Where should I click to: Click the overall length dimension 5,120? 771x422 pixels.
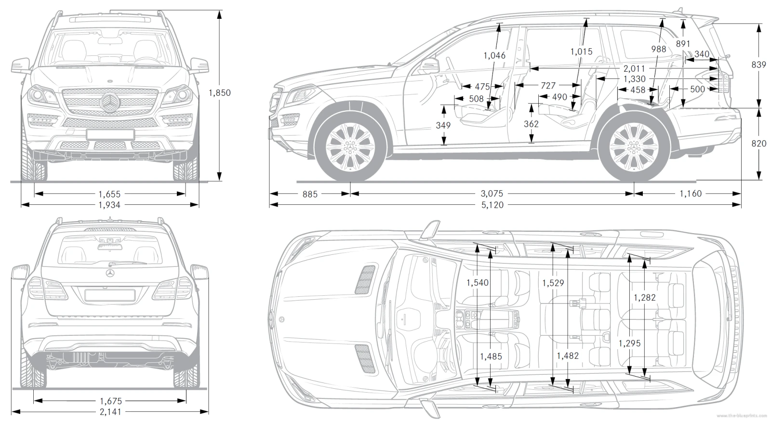[492, 205]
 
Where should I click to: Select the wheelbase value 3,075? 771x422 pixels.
[492, 194]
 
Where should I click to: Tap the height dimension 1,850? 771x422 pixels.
[220, 92]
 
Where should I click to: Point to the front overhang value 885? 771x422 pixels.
[310, 194]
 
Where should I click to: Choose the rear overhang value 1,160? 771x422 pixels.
[690, 194]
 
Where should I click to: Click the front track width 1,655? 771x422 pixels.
[109, 194]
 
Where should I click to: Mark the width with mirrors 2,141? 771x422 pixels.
[110, 412]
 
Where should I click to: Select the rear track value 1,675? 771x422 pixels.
[110, 401]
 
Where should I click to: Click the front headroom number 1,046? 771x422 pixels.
[494, 55]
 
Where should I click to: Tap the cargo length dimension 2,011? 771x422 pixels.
[634, 68]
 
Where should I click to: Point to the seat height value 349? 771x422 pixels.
[443, 125]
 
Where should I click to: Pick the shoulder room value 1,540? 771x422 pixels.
[478, 283]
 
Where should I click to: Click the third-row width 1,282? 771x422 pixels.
[645, 298]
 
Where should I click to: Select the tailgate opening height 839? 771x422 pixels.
[758, 64]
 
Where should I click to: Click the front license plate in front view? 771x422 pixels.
[110, 134]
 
